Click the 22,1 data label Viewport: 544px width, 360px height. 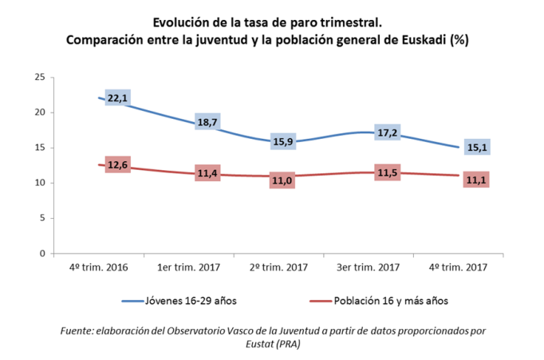[117, 97]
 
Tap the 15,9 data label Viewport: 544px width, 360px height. [283, 142]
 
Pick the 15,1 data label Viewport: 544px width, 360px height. [475, 147]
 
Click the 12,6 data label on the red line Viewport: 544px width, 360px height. [117, 165]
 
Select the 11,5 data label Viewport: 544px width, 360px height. [389, 174]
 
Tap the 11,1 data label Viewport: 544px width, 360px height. [475, 180]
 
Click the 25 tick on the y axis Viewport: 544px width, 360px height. [39, 77]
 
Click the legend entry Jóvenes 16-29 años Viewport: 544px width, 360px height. [190, 301]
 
